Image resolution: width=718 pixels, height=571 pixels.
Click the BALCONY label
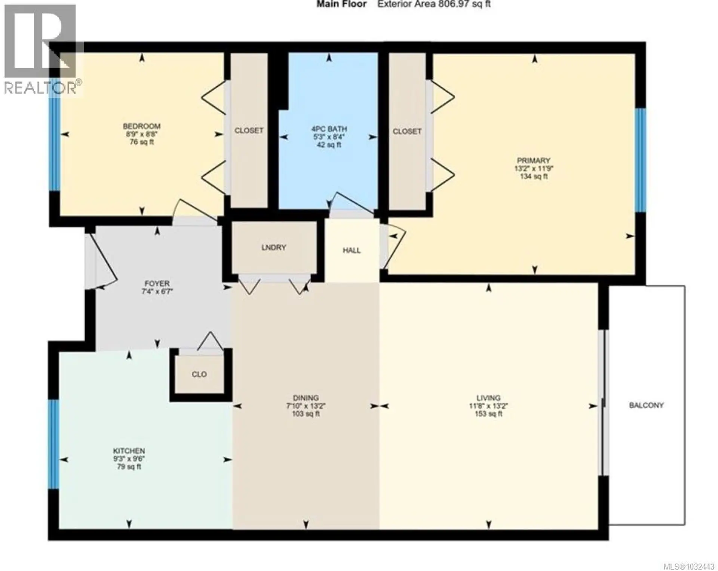(x=646, y=405)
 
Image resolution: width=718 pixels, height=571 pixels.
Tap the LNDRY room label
(x=274, y=247)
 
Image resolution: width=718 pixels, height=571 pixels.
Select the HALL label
(x=352, y=250)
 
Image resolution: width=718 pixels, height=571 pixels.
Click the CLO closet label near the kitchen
(x=199, y=374)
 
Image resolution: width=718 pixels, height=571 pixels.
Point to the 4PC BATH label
(x=329, y=129)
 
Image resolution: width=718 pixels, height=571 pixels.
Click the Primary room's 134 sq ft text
(x=534, y=176)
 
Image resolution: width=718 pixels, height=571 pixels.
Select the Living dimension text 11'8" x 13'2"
(x=488, y=406)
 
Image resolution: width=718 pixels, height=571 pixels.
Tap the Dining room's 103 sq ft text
(x=306, y=414)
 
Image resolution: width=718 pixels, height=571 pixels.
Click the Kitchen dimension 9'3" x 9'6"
(x=129, y=459)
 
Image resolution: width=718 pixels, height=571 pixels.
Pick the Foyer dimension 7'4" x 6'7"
(x=157, y=291)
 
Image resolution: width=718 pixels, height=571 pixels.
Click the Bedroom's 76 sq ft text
(x=142, y=142)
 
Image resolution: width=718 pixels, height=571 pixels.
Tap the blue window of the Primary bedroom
(x=641, y=160)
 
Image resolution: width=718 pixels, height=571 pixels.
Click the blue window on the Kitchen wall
(x=55, y=444)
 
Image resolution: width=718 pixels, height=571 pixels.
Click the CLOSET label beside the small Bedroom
(x=249, y=131)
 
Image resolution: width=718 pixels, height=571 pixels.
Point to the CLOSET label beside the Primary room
(x=407, y=131)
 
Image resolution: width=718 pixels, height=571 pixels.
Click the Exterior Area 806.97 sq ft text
(x=434, y=4)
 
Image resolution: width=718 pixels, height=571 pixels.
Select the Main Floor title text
(x=341, y=4)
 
